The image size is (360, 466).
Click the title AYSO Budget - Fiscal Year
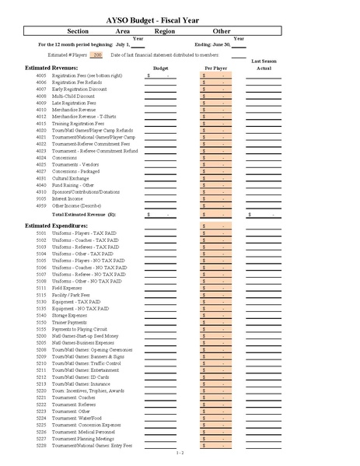(x=180, y=17)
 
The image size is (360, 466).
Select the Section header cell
(x=78, y=31)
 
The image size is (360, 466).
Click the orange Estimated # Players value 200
(x=97, y=55)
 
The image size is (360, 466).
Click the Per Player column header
(x=214, y=68)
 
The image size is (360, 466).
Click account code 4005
(x=41, y=76)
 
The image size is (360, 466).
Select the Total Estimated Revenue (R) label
(x=83, y=213)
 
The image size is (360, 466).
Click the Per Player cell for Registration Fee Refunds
(x=214, y=82)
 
